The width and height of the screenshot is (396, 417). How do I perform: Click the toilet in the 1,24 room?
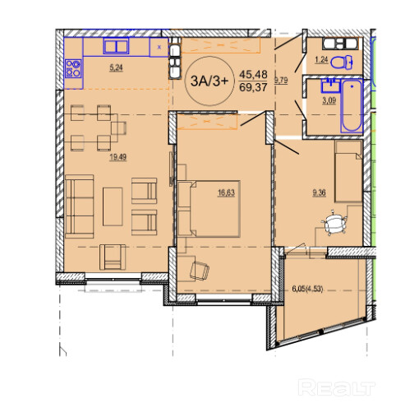341,63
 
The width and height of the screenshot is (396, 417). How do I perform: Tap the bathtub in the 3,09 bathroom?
352,106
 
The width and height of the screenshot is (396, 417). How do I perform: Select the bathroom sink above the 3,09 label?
330,86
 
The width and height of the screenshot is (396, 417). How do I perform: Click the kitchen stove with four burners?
73,68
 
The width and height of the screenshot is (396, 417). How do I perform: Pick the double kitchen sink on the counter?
116,47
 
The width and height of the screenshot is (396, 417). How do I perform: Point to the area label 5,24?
116,67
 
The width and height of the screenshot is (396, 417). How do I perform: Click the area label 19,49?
117,157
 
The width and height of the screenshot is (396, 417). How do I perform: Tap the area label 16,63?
226,193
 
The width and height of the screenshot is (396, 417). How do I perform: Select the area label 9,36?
319,193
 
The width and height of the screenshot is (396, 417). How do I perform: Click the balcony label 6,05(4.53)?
307,289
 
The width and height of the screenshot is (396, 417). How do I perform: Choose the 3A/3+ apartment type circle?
210,81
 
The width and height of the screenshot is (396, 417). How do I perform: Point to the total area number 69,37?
253,88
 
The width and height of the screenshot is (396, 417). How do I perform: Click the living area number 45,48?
253,74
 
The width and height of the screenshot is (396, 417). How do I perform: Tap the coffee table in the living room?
113,206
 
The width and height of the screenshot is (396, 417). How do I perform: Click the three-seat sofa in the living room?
80,206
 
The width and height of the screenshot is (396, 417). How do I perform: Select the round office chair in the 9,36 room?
334,224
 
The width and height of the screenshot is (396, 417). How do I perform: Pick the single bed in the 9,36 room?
348,171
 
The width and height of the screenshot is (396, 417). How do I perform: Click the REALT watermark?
337,387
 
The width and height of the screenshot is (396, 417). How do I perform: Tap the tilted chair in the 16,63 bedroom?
200,271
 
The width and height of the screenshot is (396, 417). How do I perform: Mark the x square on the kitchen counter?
159,47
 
